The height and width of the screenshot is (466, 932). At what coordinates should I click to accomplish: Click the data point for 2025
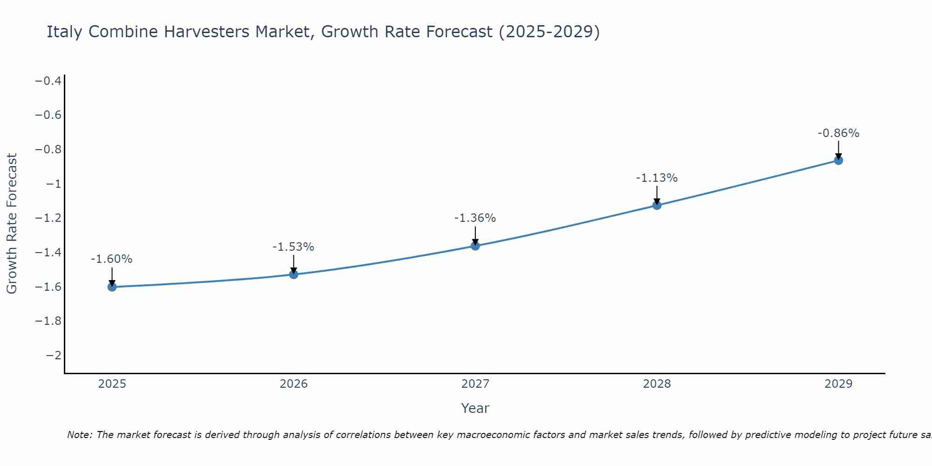point(112,287)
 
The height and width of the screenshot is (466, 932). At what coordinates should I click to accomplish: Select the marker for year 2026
point(294,274)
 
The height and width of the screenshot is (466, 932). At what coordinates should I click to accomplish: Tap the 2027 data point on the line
point(475,246)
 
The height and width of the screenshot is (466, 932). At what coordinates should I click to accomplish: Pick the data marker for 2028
point(657,205)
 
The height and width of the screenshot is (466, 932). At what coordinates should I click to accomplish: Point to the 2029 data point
point(838,160)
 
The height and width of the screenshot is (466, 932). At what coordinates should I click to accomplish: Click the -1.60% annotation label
point(111,259)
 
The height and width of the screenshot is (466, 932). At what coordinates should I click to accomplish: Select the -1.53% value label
point(293,247)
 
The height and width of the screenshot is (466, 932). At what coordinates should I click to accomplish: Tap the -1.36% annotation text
point(475,218)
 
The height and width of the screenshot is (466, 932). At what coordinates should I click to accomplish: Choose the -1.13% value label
point(657,178)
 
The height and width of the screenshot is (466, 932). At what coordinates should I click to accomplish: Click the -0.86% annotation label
point(838,133)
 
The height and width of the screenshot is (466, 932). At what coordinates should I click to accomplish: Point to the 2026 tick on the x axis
point(294,384)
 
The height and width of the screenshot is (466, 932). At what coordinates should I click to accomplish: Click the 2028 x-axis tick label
point(657,384)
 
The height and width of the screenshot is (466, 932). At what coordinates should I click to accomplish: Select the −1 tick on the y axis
point(54,184)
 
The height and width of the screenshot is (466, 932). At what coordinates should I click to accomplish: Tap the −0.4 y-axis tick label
point(48,81)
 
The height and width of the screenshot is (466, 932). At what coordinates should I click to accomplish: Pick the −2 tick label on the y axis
point(54,356)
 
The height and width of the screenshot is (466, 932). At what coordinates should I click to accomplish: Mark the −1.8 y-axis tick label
point(48,321)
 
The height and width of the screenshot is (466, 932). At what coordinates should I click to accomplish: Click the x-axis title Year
point(475,408)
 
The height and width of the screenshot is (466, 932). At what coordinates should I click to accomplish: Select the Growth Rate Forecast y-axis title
point(12,224)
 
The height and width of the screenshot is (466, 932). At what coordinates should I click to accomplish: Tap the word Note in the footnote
point(79,435)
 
